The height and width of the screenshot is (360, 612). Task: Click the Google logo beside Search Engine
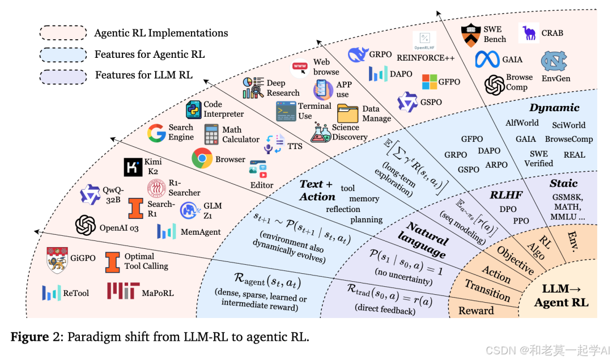[x=156, y=133]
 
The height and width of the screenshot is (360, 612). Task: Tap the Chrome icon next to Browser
[x=202, y=159]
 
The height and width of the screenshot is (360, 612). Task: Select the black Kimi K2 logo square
[x=133, y=167]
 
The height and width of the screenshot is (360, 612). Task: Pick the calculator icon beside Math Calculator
[x=211, y=134]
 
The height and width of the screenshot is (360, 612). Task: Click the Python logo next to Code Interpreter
[x=194, y=109]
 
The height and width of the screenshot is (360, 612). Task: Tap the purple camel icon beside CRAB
[x=529, y=33]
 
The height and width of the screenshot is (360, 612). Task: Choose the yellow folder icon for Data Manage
[x=347, y=113]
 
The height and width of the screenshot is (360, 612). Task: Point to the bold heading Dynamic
[x=554, y=108]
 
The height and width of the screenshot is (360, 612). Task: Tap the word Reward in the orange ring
[x=476, y=310]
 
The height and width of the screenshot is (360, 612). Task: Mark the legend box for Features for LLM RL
[x=62, y=75]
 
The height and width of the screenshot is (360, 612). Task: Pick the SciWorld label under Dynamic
[x=568, y=125]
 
